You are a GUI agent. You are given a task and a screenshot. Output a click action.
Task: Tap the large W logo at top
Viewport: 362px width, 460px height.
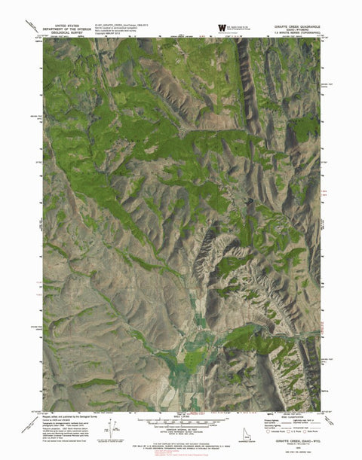click(x=221, y=28)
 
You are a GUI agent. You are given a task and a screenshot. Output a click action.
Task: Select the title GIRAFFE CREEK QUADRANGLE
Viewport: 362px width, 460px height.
click(x=293, y=25)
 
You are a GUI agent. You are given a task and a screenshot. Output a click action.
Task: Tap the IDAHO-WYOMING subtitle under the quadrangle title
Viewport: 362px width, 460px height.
click(x=293, y=29)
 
